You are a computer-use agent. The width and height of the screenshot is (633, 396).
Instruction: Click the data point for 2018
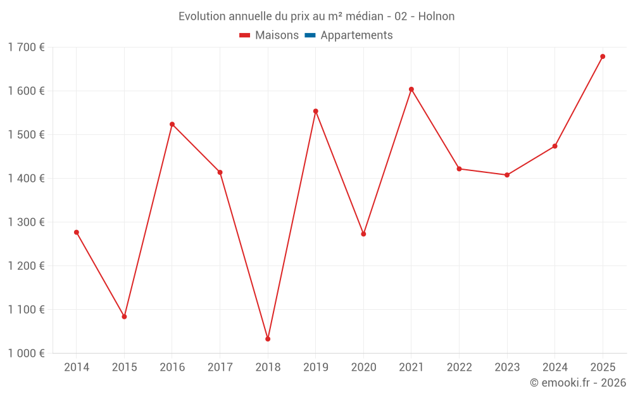click(x=268, y=339)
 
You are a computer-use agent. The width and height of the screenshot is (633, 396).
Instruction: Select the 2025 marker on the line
click(x=603, y=56)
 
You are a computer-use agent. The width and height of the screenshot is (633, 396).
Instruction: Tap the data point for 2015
click(x=124, y=316)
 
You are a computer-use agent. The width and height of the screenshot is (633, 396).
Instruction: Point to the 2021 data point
click(x=411, y=89)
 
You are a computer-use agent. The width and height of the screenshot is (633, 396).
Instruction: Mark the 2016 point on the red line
click(x=172, y=124)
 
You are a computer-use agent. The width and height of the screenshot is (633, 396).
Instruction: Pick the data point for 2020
click(x=363, y=234)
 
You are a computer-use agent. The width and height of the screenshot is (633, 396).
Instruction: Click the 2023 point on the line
click(x=507, y=175)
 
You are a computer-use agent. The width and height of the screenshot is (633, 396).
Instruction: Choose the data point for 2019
click(x=316, y=111)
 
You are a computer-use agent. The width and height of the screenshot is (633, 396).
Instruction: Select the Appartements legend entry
click(x=356, y=35)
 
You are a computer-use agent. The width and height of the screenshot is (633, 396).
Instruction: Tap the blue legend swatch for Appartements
click(x=310, y=35)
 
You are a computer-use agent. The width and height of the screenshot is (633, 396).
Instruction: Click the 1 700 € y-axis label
click(x=26, y=47)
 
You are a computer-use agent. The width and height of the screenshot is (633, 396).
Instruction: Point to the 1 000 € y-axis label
click(x=26, y=354)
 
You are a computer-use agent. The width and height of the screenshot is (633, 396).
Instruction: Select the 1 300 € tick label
click(x=26, y=222)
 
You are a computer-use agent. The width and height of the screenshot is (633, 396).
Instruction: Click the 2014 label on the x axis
click(x=77, y=367)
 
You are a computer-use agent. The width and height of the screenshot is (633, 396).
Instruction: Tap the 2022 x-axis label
click(x=460, y=367)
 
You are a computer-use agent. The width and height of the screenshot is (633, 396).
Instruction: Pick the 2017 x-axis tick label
click(x=220, y=367)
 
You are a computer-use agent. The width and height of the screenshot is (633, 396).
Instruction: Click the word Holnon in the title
click(x=436, y=16)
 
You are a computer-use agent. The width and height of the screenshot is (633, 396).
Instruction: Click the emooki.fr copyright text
click(x=578, y=383)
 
